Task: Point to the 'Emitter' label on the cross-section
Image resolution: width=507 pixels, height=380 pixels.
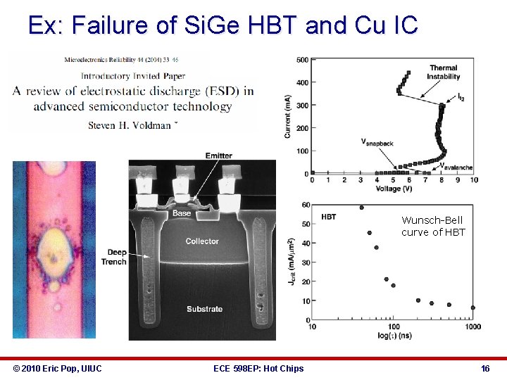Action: (219, 156)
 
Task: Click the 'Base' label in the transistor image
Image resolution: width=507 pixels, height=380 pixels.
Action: (182, 213)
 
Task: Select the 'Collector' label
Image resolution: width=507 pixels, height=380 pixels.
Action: (202, 241)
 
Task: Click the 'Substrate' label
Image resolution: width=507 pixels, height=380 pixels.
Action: (204, 309)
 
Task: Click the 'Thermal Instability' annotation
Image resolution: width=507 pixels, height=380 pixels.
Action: (444, 72)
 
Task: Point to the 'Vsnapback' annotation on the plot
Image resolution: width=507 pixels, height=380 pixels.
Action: (377, 142)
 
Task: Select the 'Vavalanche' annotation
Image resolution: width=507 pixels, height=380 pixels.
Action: (456, 167)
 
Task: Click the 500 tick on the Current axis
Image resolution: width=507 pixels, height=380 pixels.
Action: (301, 60)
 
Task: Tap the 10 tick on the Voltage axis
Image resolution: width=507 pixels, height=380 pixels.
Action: (473, 180)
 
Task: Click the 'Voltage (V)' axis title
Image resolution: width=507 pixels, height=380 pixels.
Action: (394, 189)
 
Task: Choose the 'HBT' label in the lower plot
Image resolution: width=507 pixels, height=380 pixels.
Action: (329, 217)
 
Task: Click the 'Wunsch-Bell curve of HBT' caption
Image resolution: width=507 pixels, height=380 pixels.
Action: (433, 226)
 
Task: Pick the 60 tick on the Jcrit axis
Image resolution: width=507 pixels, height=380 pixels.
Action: (306, 205)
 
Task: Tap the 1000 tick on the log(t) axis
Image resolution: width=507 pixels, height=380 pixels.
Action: (472, 327)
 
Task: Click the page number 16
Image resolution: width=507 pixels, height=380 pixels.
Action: (485, 368)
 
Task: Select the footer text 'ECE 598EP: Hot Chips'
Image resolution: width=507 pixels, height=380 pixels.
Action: (258, 368)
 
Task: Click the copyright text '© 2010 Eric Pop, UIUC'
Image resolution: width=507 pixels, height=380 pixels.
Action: (58, 368)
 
